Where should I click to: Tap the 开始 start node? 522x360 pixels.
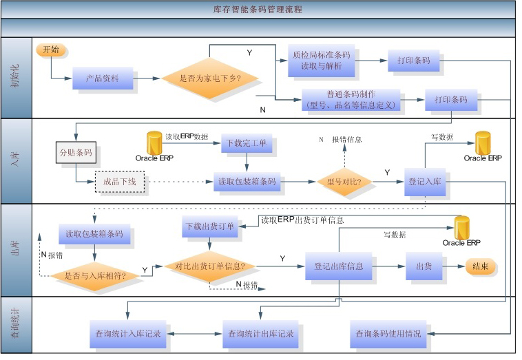click(x=51, y=50)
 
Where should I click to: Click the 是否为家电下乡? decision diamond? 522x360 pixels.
click(x=210, y=79)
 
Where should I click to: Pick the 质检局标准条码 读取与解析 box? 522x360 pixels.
click(x=321, y=61)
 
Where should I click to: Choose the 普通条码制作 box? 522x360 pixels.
click(x=351, y=100)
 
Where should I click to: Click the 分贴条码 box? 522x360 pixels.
click(x=74, y=152)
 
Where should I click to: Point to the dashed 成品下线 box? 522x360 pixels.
click(x=119, y=182)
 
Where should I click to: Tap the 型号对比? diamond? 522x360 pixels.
click(x=344, y=182)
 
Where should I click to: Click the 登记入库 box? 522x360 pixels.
click(x=424, y=182)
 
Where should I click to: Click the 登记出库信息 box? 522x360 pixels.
click(x=339, y=266)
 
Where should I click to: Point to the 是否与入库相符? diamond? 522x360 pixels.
click(x=101, y=275)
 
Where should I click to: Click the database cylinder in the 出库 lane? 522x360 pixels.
click(x=461, y=227)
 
